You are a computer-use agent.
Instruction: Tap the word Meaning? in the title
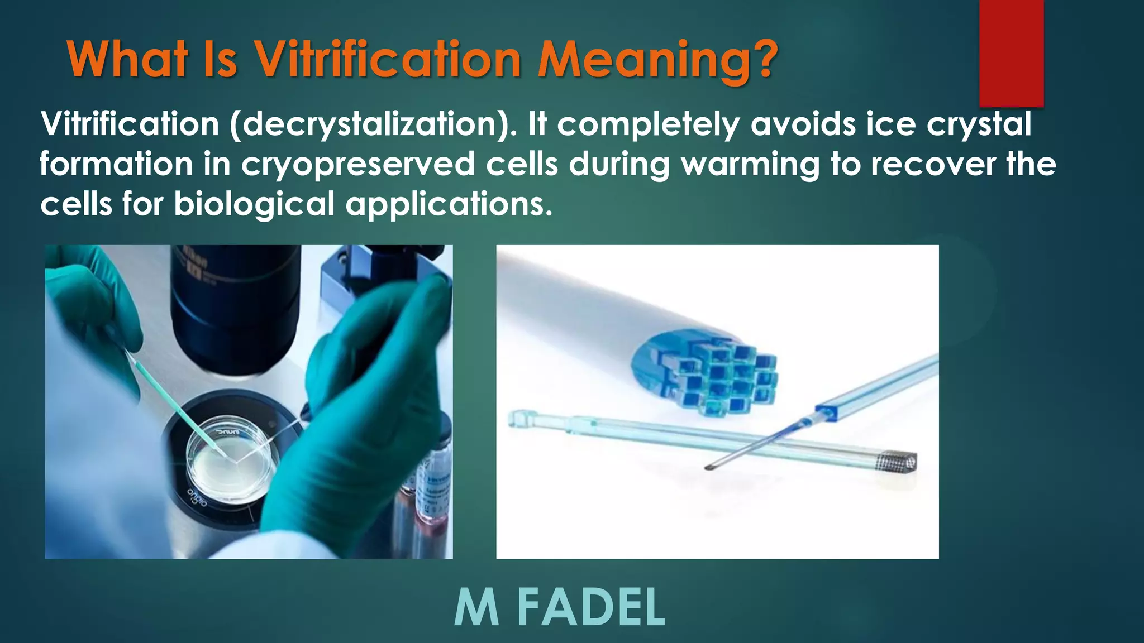pos(657,60)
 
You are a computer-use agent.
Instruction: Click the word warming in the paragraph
pos(750,165)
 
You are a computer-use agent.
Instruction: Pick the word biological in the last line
pos(254,204)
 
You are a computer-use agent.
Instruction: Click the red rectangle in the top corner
pos(1011,53)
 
